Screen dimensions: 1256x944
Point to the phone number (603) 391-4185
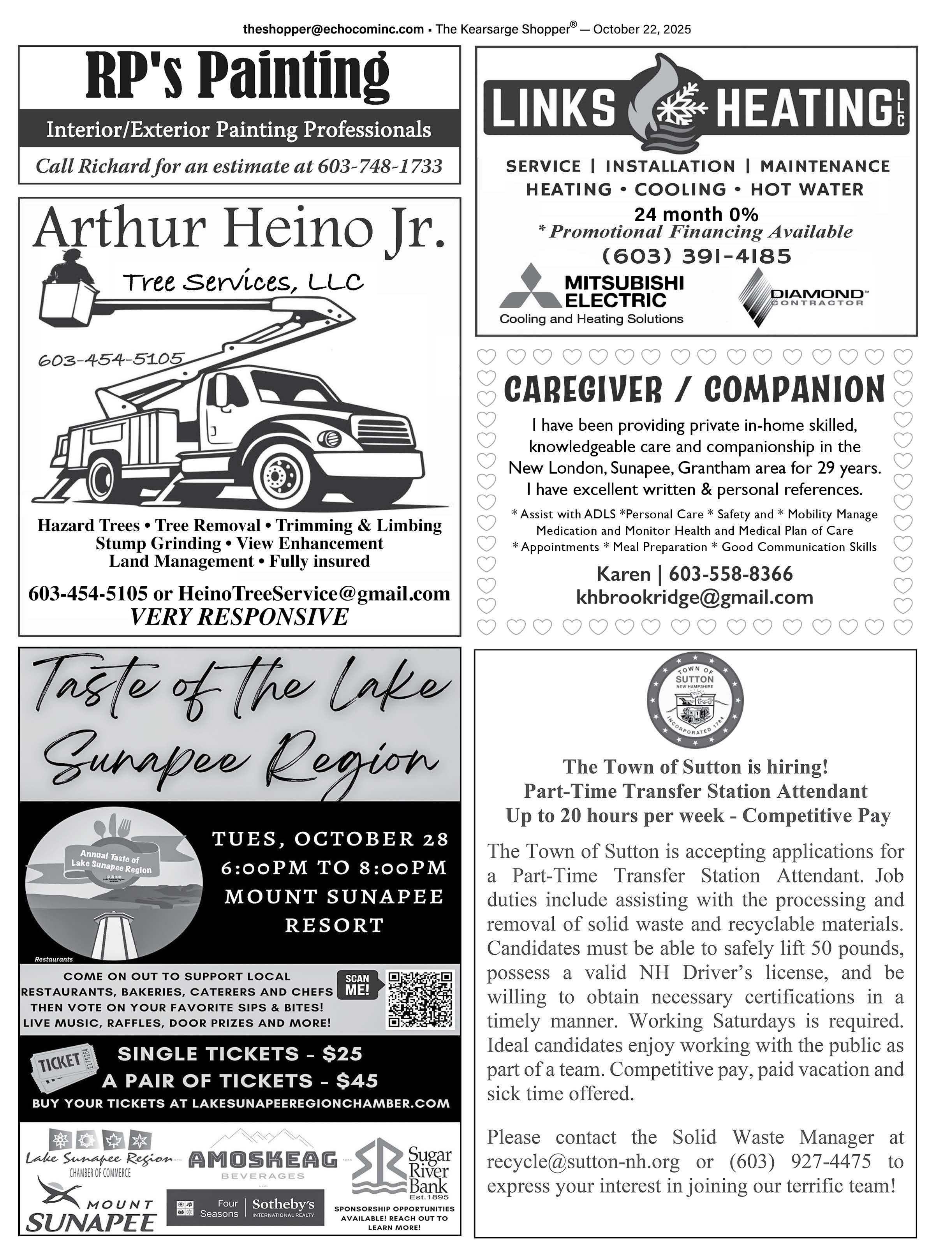pyautogui.click(x=696, y=257)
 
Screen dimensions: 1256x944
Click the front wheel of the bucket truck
pyautogui.click(x=279, y=472)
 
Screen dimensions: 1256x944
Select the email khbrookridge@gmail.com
pyautogui.click(x=694, y=597)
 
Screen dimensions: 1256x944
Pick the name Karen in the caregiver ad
pyautogui.click(x=623, y=574)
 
